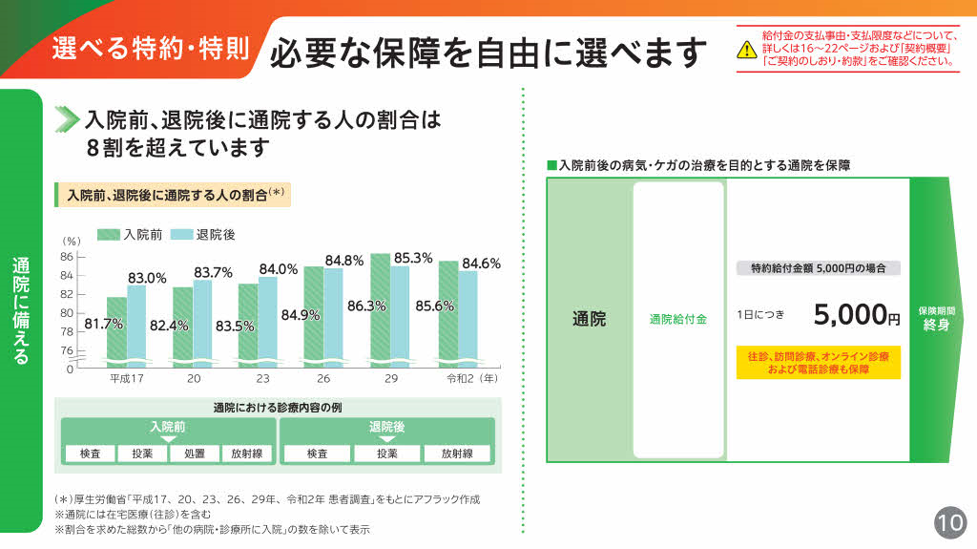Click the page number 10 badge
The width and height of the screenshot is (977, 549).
click(x=950, y=523)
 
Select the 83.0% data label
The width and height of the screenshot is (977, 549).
click(x=147, y=278)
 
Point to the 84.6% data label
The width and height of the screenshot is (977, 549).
click(x=481, y=264)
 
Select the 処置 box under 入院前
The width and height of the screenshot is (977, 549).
click(x=195, y=454)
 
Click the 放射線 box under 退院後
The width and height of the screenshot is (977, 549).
click(x=457, y=454)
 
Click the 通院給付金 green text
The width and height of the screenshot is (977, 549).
click(x=677, y=319)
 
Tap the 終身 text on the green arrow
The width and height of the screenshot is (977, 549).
click(x=936, y=326)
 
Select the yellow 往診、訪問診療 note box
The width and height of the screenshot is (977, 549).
click(x=818, y=362)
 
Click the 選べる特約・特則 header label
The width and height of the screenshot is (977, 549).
click(x=151, y=48)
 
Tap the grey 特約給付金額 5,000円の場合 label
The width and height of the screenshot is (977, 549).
click(x=818, y=268)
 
